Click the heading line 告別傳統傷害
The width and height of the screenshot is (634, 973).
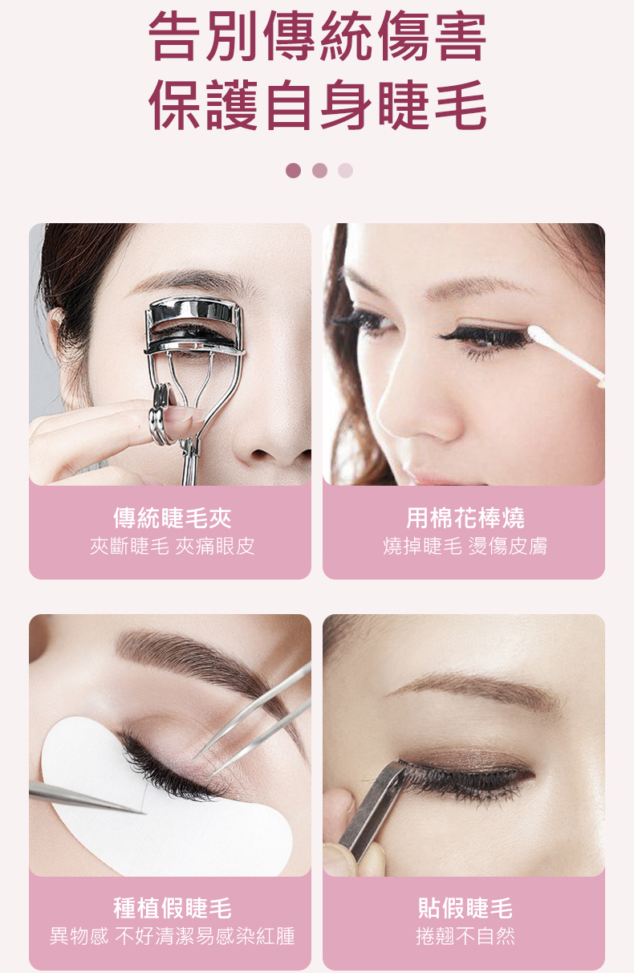click(x=317, y=36)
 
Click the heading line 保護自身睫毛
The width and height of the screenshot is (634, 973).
click(x=317, y=105)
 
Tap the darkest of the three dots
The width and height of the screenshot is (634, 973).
click(x=293, y=170)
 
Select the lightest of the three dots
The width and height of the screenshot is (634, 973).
click(x=345, y=170)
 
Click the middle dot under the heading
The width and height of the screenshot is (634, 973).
click(x=319, y=170)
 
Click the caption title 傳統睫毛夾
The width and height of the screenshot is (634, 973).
click(x=172, y=518)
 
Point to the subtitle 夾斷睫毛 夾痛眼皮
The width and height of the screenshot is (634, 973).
click(x=172, y=546)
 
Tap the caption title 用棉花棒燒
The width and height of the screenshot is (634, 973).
click(x=465, y=518)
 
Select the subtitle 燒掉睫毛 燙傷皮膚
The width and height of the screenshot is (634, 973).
click(x=465, y=546)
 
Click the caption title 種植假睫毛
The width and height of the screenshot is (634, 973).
click(x=172, y=908)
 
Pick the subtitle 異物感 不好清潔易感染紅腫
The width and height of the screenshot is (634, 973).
click(x=172, y=936)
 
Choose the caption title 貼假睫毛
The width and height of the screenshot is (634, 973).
click(x=465, y=908)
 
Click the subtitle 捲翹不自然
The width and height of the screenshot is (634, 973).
click(x=465, y=936)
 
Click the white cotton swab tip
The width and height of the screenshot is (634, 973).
click(x=539, y=336)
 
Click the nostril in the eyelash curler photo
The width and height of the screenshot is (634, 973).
click(x=261, y=454)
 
